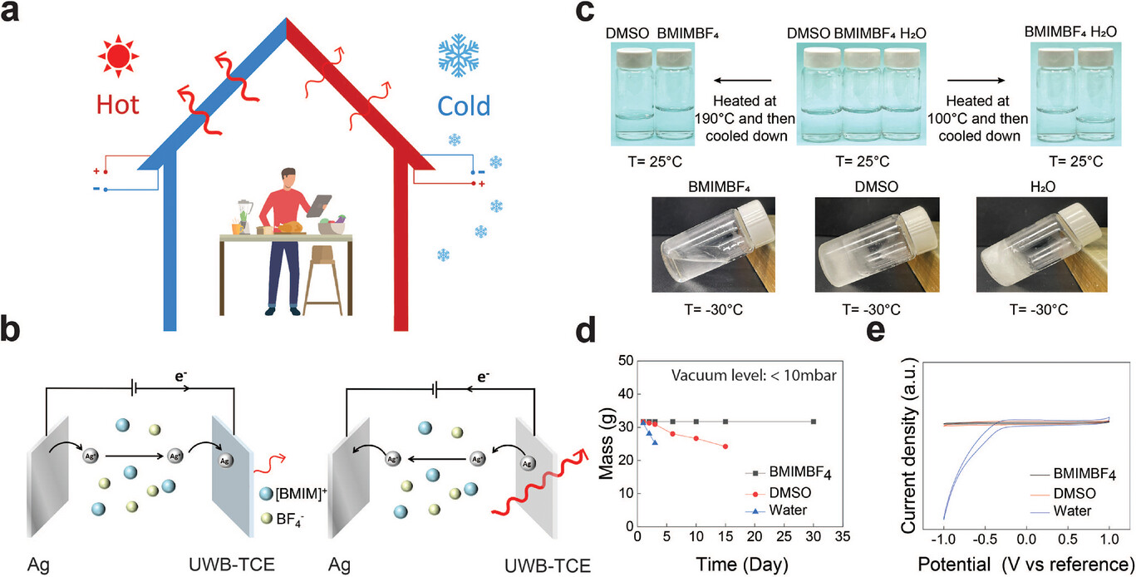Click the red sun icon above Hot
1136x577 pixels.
pos(118,57)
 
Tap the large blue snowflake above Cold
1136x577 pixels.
pos(459,56)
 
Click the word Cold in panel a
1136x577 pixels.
pos(464,106)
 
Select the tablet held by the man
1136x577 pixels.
pos(319,206)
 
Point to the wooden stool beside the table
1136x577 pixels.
pos(322,280)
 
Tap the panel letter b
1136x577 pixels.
pos(10,330)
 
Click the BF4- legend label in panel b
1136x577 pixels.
pos(289,519)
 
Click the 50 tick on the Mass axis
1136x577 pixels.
pos(627,362)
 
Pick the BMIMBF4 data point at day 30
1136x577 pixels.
pos(814,422)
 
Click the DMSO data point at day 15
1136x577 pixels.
pos(725,446)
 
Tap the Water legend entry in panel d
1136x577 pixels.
pos(788,510)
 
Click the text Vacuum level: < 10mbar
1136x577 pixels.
pos(754,376)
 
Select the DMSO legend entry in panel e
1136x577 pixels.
pos(1075,493)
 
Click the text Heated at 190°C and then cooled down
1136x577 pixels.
pos(745,118)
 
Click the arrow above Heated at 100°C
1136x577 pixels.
pos(976,80)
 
